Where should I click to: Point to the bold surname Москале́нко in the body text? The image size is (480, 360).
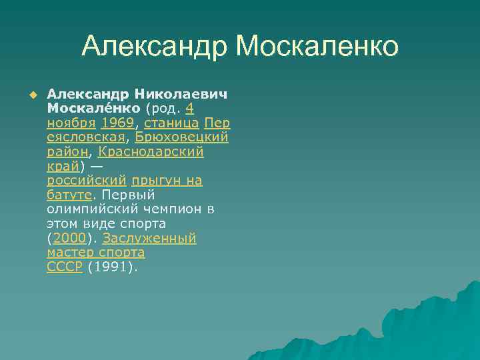click(x=93, y=107)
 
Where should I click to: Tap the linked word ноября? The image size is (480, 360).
click(x=71, y=122)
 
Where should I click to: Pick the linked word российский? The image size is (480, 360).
click(x=87, y=181)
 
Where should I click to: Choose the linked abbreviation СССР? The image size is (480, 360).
click(x=65, y=267)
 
